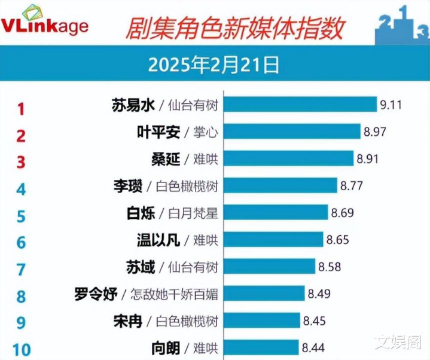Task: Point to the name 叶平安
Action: (158, 132)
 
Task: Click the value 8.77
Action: (352, 186)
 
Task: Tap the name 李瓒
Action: (128, 186)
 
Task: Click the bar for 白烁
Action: (276, 213)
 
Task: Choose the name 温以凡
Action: (158, 240)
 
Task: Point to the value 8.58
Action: (331, 267)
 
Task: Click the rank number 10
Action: (21, 350)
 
